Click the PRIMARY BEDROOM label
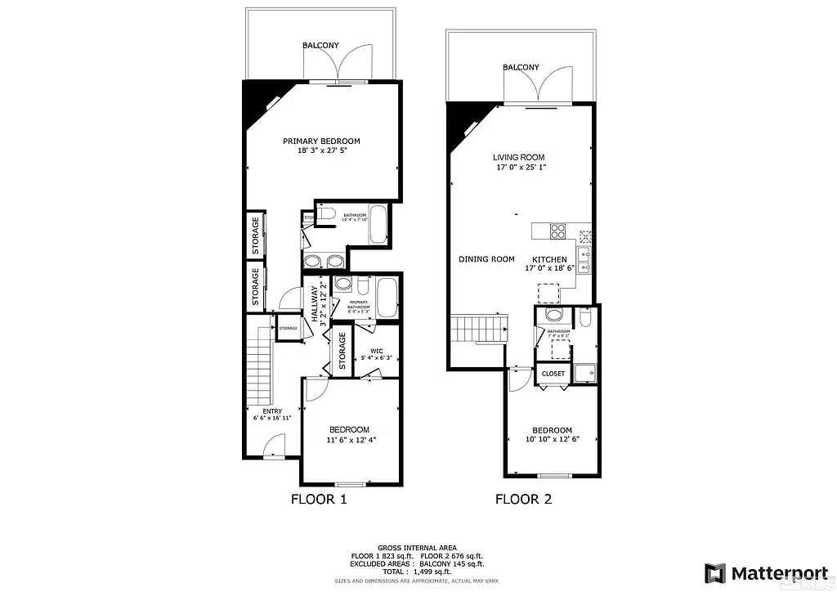pos(321,141)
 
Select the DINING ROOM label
pos(486,259)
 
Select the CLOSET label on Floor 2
pos(553,374)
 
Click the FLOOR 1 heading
pos(319,500)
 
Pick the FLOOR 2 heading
pos(523,500)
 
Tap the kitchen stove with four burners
pos(558,231)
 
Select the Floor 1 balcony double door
pos(338,65)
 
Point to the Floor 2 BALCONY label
pos(521,67)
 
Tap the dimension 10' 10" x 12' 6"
pos(552,440)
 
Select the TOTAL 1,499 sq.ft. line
pos(417,571)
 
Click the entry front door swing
pos(275,445)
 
